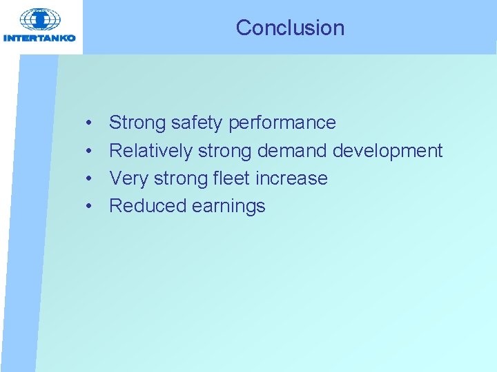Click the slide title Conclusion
tap(290, 28)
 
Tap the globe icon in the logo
tap(39, 19)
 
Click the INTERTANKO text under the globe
tap(39, 38)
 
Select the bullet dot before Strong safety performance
tap(90, 123)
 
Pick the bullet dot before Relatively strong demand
tap(90, 151)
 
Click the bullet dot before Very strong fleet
tap(90, 178)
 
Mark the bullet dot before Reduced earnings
tap(90, 206)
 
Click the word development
tap(388, 150)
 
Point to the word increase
tap(291, 178)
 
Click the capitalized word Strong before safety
tap(137, 123)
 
